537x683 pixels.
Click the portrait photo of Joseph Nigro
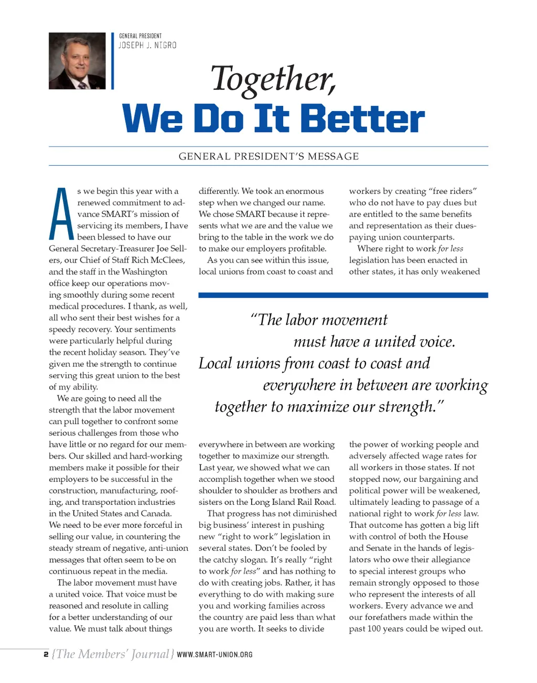click(x=77, y=61)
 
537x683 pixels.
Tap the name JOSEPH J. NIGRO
click(x=147, y=46)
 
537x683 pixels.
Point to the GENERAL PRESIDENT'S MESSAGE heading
click(x=268, y=156)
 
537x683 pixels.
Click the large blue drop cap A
click(x=61, y=214)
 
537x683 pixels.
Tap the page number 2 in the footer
click(x=46, y=654)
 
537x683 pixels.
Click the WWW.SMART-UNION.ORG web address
click(x=214, y=655)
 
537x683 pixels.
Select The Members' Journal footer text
click(x=113, y=654)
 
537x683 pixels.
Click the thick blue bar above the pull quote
click(x=343, y=296)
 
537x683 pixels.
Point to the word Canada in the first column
click(x=156, y=514)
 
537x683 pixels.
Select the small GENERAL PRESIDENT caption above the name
click(x=140, y=36)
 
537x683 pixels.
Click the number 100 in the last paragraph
click(x=374, y=629)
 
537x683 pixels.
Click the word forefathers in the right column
click(x=389, y=617)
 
